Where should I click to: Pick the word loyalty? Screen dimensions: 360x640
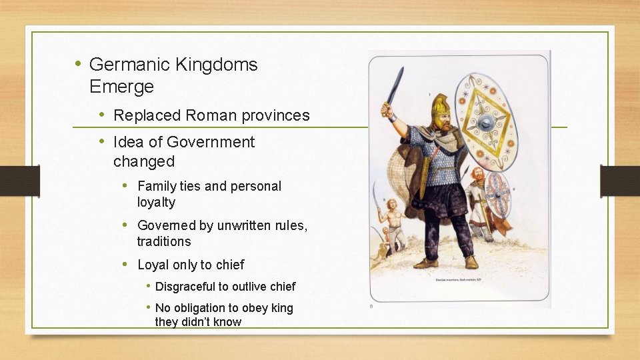156,202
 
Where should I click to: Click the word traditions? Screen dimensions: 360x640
164,241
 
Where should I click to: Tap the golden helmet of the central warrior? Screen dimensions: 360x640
441,107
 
